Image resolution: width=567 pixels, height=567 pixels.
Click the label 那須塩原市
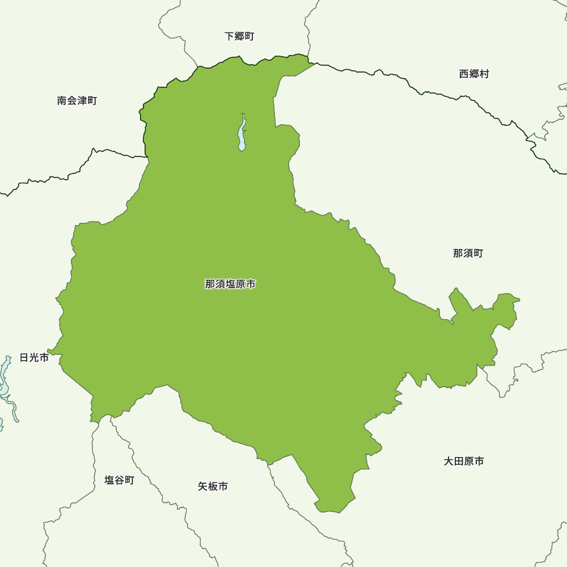point(230,284)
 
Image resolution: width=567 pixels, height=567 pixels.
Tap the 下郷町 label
point(239,36)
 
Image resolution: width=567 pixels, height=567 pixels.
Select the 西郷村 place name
point(473,74)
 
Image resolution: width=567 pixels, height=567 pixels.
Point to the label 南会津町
point(77,101)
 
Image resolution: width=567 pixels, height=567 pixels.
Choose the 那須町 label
point(468,253)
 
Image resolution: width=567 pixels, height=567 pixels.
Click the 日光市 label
point(34,358)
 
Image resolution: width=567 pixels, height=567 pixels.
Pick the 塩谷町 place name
point(119,480)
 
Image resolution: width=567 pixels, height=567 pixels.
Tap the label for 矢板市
point(213,486)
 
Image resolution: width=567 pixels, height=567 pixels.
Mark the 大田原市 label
point(464,462)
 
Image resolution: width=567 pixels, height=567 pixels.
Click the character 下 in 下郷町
point(229,36)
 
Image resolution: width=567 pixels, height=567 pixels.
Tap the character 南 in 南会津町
point(62,101)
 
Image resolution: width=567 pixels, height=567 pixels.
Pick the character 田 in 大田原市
point(459,462)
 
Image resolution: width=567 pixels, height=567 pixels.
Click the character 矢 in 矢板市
point(202,486)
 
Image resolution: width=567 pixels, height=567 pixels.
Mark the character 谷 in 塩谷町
point(119,480)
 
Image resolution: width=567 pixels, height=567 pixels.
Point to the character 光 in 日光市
point(34,358)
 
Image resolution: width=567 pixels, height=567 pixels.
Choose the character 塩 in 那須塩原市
point(230,284)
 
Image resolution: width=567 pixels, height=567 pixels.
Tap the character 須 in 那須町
point(468,253)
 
